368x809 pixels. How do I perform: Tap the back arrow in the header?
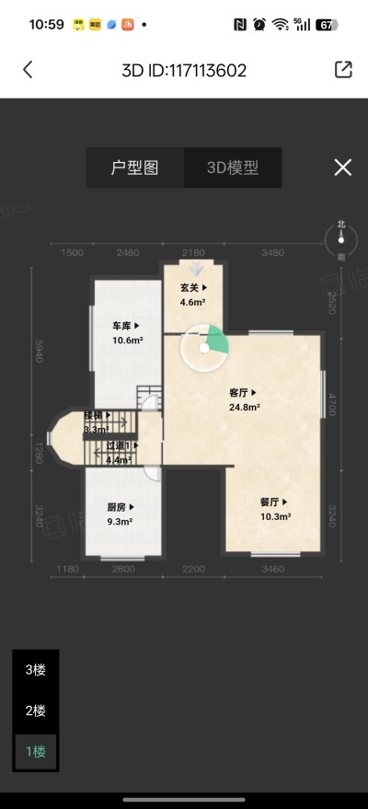(x=28, y=70)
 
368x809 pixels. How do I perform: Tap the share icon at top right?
(x=342, y=70)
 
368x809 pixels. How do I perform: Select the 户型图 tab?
(x=134, y=168)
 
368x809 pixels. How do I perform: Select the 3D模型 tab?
(x=232, y=168)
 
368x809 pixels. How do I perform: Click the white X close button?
(x=342, y=167)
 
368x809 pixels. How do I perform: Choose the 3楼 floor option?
(x=35, y=670)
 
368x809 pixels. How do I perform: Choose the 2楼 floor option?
(x=35, y=711)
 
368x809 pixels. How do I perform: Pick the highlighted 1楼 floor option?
(x=35, y=751)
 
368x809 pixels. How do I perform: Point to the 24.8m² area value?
(x=244, y=406)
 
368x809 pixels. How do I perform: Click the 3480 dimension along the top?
(x=272, y=253)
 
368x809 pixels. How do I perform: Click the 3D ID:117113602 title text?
(x=184, y=70)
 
